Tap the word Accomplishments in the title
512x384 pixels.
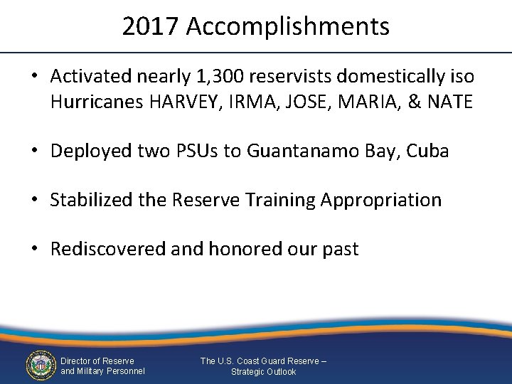coord(288,27)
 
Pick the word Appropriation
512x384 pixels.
coord(381,201)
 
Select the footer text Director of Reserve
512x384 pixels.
coord(97,361)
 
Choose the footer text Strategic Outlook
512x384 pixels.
coord(264,372)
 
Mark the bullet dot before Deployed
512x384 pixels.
coord(35,151)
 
